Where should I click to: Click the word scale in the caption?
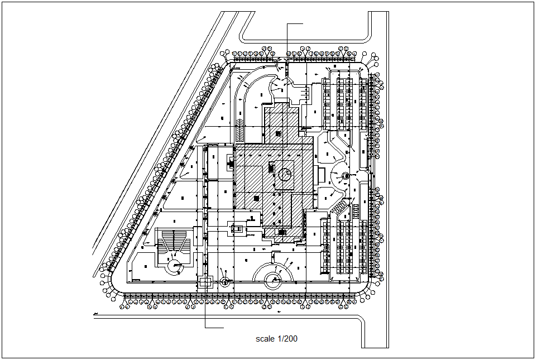pos(265,339)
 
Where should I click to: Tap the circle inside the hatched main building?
pos(285,174)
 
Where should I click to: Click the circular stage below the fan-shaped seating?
pos(175,266)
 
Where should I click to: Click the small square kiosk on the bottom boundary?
pos(205,282)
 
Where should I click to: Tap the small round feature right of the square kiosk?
pos(225,281)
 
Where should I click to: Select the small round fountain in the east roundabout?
pos(345,176)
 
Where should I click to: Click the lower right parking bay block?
pos(345,248)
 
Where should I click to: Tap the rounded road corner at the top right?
pos(364,36)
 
